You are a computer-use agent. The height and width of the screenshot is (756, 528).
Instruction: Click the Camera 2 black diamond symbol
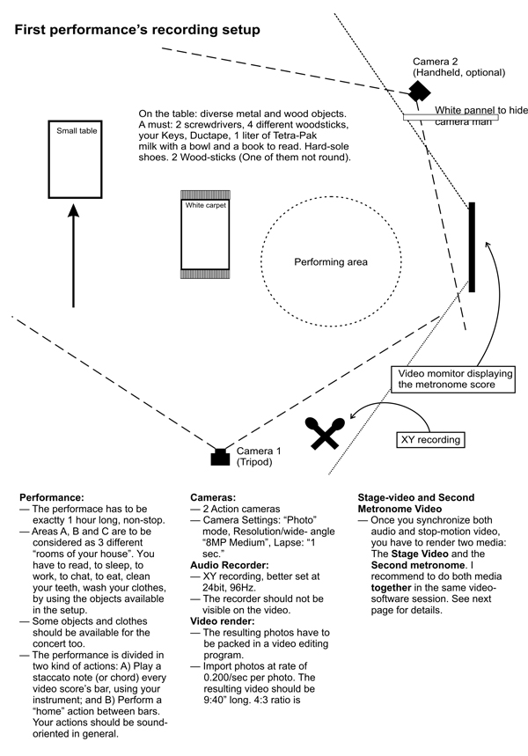click(x=418, y=92)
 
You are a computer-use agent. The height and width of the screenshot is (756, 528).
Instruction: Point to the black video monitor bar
click(x=473, y=247)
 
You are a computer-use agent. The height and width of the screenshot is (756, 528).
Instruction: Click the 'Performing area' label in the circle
click(x=331, y=262)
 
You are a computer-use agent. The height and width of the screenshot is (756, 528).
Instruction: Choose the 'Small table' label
click(x=77, y=131)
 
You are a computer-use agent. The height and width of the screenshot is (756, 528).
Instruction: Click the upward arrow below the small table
click(x=73, y=255)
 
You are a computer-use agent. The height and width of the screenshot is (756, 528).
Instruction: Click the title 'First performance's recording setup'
click(x=136, y=31)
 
